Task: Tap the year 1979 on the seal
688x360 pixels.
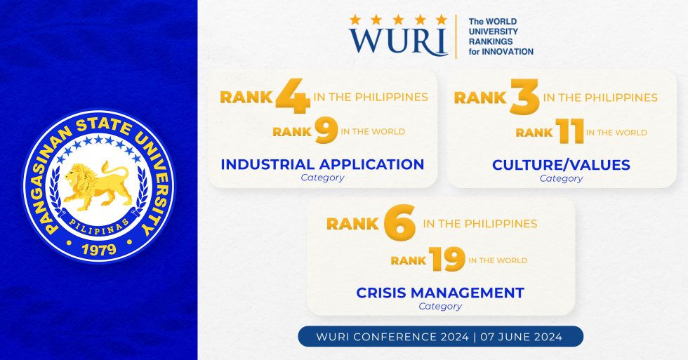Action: [x=98, y=250]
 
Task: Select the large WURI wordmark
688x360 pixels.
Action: [x=398, y=41]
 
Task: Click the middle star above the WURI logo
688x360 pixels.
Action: [x=397, y=19]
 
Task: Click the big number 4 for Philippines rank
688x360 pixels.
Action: [x=292, y=98]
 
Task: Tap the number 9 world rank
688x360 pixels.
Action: [x=326, y=131]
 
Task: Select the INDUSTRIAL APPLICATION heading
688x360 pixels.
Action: [x=322, y=164]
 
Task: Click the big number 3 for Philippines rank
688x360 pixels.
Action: [x=524, y=98]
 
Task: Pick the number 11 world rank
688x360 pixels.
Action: [x=569, y=132]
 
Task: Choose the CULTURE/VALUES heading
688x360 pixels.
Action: [x=561, y=165]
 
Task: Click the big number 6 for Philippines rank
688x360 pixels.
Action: [x=400, y=225]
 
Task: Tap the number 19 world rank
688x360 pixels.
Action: [x=447, y=260]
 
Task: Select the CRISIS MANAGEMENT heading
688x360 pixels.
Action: [x=440, y=292]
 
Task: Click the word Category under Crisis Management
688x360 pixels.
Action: [x=440, y=306]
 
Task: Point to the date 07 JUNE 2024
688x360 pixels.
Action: [x=522, y=337]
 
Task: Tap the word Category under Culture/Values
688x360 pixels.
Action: [x=561, y=178]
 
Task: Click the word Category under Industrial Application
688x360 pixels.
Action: [x=322, y=178]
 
